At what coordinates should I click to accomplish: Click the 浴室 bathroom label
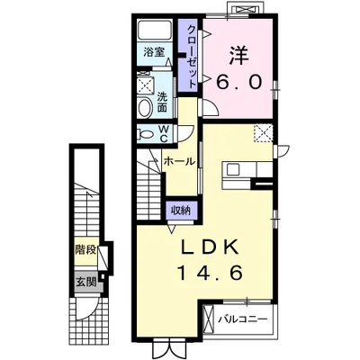coord(154,52)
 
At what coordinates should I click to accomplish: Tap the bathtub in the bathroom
coord(155,31)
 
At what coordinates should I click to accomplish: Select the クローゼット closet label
coord(192,57)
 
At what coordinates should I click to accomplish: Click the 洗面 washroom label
coord(162,102)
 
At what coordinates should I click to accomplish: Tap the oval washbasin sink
coord(146,108)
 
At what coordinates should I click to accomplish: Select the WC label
coord(163,133)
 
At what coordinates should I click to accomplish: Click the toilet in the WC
coord(147,133)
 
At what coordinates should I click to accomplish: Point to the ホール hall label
coord(179,162)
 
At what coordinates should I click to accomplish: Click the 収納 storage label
coord(181,211)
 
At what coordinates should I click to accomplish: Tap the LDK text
coord(210,247)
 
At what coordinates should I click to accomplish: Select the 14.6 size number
coord(210,273)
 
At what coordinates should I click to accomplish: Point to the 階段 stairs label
coord(85,249)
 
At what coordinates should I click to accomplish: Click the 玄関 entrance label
coord(85,282)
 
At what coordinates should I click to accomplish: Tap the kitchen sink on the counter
coord(233,170)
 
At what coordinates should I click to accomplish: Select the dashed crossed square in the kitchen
coord(263,133)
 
